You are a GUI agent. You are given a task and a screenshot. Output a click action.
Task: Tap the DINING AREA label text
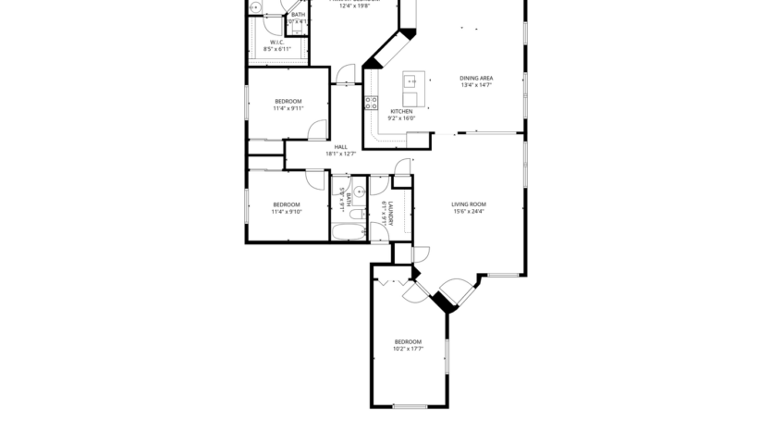click(476, 78)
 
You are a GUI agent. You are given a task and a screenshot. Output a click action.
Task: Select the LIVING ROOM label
click(468, 204)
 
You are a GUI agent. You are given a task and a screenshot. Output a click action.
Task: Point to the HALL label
click(340, 147)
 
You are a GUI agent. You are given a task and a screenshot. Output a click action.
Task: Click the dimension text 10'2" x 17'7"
click(408, 349)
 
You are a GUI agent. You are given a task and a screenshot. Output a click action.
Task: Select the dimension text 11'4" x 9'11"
click(288, 108)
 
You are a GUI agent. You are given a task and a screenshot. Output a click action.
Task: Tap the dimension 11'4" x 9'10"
click(287, 212)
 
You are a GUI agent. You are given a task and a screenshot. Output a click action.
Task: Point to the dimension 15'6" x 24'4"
click(468, 212)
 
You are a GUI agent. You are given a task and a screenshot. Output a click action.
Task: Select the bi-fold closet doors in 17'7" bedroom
click(393, 279)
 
